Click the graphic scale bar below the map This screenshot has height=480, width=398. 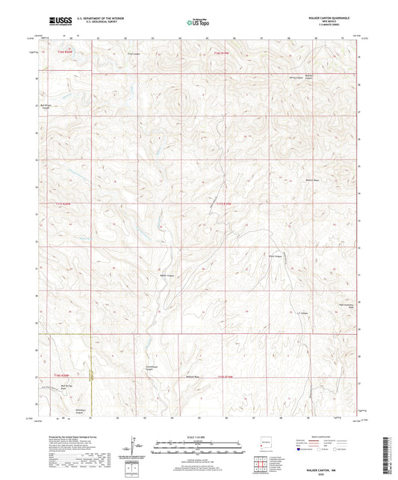tap(198, 445)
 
